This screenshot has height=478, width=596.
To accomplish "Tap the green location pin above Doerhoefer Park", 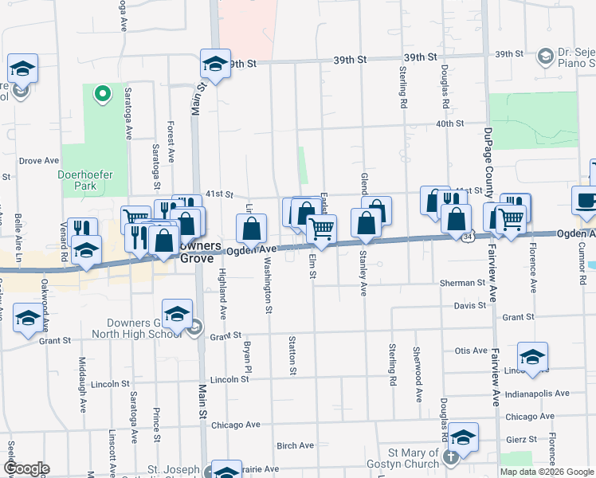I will click(x=101, y=96).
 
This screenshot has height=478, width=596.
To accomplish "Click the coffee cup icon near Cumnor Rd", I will click(x=586, y=200).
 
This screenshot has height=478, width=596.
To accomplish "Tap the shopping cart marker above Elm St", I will click(x=321, y=229).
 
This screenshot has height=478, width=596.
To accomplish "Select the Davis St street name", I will click(x=470, y=305).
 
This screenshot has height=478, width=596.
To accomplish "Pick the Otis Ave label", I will click(x=470, y=350).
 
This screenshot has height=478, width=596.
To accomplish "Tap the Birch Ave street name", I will click(x=292, y=446).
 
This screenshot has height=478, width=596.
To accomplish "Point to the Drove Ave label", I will click(x=34, y=160).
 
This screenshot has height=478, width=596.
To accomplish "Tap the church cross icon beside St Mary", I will click(x=451, y=457).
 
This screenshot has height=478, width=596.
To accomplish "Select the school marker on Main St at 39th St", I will click(x=215, y=64).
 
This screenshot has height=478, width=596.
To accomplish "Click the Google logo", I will click(x=26, y=468).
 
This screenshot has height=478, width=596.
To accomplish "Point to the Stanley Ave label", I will click(x=363, y=273).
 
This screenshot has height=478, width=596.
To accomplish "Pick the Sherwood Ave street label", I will click(x=418, y=362).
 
